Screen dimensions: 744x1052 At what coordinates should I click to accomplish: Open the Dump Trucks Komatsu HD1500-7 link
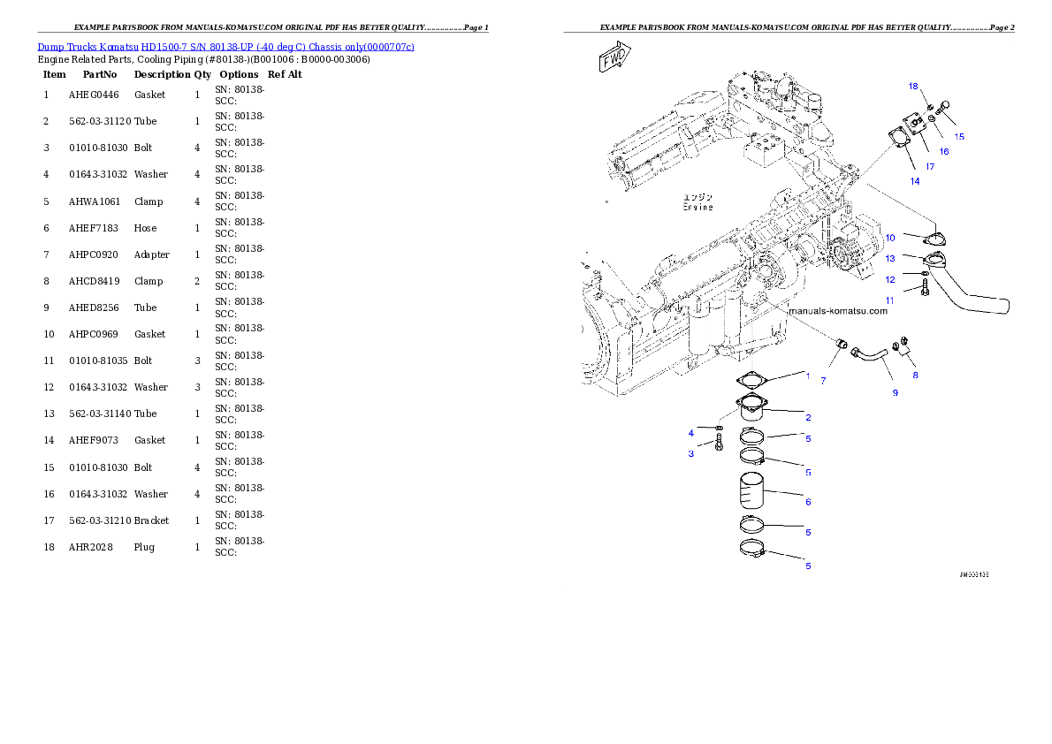[x=225, y=46]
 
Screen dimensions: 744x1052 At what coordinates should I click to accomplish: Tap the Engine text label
[x=698, y=202]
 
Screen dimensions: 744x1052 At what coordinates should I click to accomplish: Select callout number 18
[x=913, y=86]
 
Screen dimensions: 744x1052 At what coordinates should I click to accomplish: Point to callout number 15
[x=959, y=137]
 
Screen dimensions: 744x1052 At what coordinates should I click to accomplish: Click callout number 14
[x=914, y=181]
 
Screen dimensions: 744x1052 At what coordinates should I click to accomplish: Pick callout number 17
[x=930, y=166]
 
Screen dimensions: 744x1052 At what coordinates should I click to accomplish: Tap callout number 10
[x=890, y=238]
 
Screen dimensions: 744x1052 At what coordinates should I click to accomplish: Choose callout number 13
[x=890, y=258]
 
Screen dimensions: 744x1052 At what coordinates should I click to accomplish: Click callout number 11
[x=890, y=300]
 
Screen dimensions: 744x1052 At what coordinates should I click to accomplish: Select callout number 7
[x=823, y=381]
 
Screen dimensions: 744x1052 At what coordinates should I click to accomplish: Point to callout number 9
[x=895, y=392]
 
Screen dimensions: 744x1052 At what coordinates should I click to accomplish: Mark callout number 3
[x=691, y=453]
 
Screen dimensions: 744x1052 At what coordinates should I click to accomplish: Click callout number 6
[x=808, y=502]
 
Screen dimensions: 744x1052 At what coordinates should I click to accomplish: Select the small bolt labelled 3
[x=719, y=439]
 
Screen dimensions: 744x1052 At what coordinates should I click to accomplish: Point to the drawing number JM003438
[x=973, y=574]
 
